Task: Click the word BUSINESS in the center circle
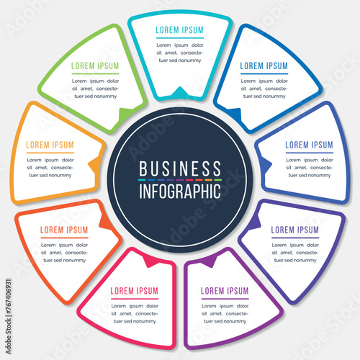[x=180, y=168]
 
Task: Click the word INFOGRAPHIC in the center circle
[x=180, y=192]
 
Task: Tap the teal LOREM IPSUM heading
[x=179, y=30]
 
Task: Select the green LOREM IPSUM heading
[x=95, y=66]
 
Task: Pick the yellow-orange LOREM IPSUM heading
[x=50, y=145]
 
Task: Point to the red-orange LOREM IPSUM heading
[x=64, y=230]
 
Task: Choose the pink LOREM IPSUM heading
[x=135, y=291]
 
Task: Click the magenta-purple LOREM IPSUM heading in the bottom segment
[x=225, y=291]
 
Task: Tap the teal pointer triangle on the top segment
[x=180, y=92]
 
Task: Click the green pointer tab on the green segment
[x=125, y=114]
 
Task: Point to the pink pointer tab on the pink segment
[x=150, y=261]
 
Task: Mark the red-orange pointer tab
[x=106, y=222]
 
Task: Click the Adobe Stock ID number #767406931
[x=9, y=297]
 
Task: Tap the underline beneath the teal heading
[x=180, y=38]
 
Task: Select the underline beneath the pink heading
[x=135, y=299]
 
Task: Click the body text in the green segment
[x=96, y=89]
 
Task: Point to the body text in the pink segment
[x=135, y=314]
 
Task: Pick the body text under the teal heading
[x=180, y=53]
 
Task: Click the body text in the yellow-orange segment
[x=50, y=168]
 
